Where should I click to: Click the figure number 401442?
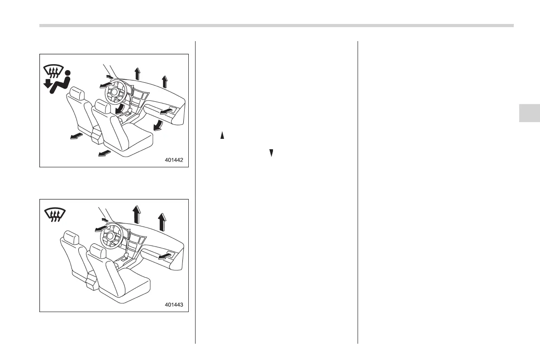coord(174,160)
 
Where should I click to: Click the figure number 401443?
coord(174,304)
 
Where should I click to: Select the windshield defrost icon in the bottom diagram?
coord(55,214)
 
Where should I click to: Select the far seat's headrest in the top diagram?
coord(76,94)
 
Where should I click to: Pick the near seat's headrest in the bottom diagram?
coord(98,251)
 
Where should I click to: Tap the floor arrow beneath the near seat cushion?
coord(104,154)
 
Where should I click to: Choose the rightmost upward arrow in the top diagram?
coord(164,82)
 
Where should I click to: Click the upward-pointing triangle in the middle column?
coord(222,135)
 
